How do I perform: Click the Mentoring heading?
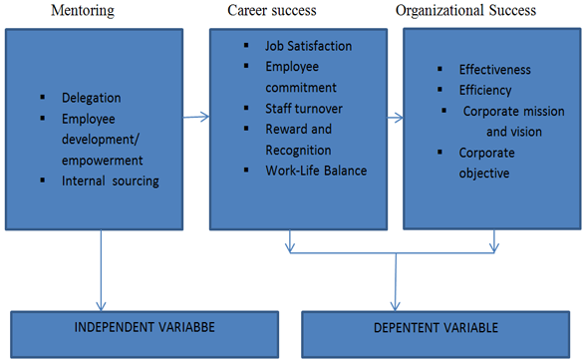coord(83,11)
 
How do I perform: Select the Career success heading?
coord(272,10)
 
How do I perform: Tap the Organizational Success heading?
coord(466,11)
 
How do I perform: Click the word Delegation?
coord(92,98)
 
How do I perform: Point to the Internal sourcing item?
coord(111,181)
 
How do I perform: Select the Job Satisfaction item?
coord(308,46)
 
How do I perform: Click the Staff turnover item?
coord(304,109)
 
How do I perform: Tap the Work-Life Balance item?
coord(316,171)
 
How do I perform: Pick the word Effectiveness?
coord(495,70)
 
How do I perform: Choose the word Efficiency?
coord(485,91)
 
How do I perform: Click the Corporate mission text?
coord(514,111)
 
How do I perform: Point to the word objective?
coord(484,174)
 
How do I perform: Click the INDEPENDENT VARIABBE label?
coord(145,327)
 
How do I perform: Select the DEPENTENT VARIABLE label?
coord(436,327)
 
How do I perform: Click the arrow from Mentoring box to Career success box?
coord(196,117)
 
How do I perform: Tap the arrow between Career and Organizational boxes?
coord(396,118)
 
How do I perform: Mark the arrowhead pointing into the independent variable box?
coord(101,306)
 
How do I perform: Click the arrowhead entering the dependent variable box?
coord(396,306)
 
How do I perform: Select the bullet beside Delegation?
coord(43,98)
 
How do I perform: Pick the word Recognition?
coord(298,151)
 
